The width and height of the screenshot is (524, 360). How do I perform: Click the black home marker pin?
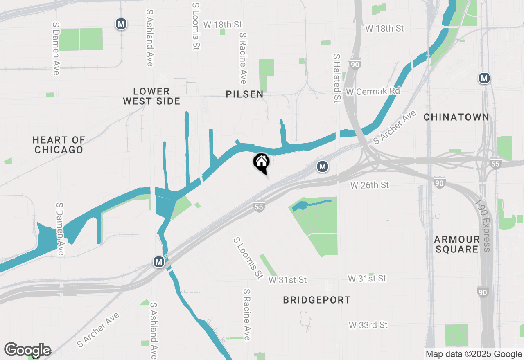261,162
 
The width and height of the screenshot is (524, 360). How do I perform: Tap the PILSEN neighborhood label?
244,94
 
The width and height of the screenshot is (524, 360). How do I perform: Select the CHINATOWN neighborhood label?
456,117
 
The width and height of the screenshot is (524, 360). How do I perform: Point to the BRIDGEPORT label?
317,300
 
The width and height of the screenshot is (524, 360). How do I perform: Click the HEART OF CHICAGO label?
59,145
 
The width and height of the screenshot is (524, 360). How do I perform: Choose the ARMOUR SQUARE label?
456,244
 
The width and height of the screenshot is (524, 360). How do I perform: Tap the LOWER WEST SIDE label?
151,96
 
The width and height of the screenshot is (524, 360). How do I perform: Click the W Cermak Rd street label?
373,91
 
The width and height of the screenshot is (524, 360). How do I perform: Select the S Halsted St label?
337,78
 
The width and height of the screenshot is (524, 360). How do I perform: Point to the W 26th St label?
370,185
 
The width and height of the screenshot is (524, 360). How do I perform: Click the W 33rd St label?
368,325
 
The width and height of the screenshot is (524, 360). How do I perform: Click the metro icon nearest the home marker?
323,166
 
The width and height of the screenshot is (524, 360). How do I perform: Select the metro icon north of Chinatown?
484,78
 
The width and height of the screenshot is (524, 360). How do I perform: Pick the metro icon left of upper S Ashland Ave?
121,24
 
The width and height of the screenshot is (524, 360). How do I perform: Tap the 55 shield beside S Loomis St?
259,207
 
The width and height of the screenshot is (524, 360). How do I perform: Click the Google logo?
27,350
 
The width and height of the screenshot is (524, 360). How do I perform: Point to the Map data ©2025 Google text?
474,354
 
